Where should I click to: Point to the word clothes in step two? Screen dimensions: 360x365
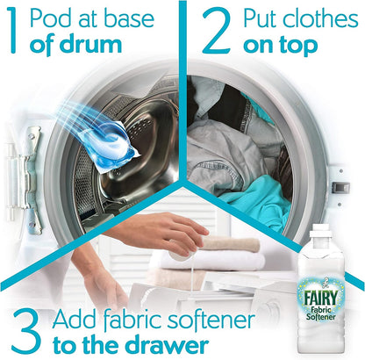tap(319, 18)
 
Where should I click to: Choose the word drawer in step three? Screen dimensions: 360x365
tap(168, 341)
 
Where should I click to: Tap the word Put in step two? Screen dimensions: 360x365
tap(267, 18)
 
